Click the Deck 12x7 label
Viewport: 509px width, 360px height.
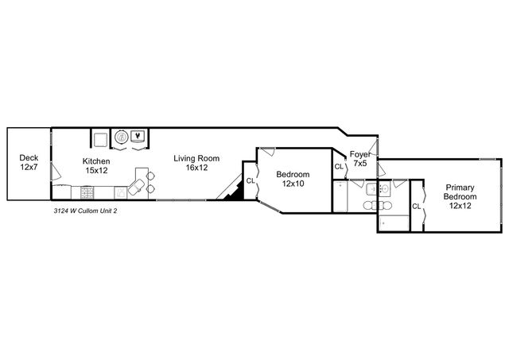(29, 162)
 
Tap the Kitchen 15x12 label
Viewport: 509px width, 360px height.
(96, 165)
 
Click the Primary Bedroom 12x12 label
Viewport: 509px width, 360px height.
(460, 195)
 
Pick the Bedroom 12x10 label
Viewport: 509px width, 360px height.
(293, 179)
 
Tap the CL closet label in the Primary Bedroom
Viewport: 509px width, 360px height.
(416, 207)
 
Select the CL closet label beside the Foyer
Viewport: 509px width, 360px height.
(339, 168)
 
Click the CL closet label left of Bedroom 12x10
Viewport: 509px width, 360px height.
(251, 181)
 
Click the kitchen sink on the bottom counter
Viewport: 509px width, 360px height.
(119, 192)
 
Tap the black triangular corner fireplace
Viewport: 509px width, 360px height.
(232, 191)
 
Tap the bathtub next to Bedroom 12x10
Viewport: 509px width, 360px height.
(340, 196)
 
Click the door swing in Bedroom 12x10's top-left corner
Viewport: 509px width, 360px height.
(265, 153)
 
